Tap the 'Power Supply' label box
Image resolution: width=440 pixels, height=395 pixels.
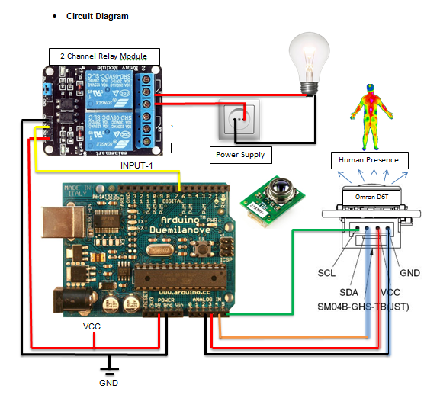(x=240, y=155)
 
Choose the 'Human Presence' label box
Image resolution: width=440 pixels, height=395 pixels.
(x=369, y=161)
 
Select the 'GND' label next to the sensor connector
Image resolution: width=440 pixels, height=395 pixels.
(x=409, y=272)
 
